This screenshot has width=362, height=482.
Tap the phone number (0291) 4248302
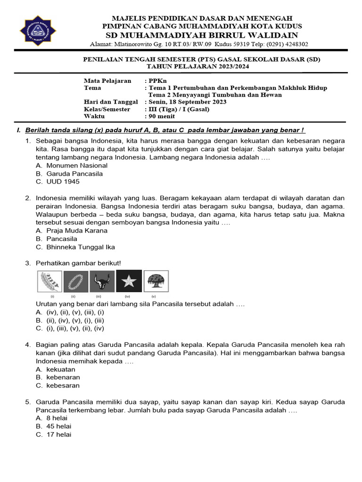tap(281, 44)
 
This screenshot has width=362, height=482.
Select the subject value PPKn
tap(156, 81)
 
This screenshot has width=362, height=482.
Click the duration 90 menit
tap(162, 116)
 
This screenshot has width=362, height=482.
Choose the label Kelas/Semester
tap(107, 109)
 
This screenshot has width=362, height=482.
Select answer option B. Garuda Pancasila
tap(69, 174)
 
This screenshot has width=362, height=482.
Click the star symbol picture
tap(128, 281)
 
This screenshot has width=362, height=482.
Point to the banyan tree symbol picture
tap(156, 281)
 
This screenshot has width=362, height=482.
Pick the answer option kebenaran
tap(63, 378)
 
